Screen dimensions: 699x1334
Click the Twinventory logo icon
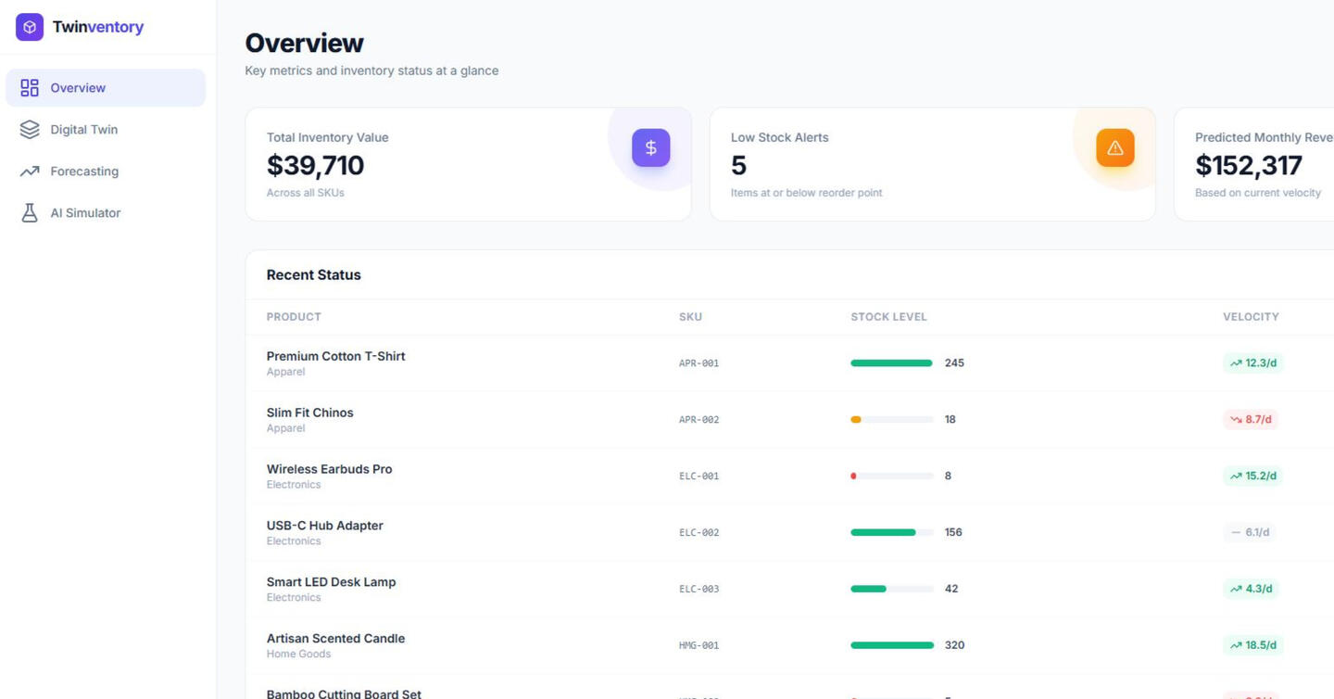pyautogui.click(x=30, y=27)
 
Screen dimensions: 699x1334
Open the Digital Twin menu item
pyautogui.click(x=83, y=130)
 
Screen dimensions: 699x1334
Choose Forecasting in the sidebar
pyautogui.click(x=83, y=172)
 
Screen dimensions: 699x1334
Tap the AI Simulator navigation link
pyautogui.click(x=85, y=213)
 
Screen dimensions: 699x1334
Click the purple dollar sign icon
pyautogui.click(x=650, y=148)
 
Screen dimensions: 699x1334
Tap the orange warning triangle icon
pyautogui.click(x=1114, y=148)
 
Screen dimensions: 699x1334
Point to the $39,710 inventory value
pyautogui.click(x=315, y=166)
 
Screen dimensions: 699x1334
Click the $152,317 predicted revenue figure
pyautogui.click(x=1248, y=166)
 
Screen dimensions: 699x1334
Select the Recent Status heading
pyautogui.click(x=313, y=275)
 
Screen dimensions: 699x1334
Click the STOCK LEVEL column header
pyautogui.click(x=888, y=317)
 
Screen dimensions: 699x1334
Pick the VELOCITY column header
pyautogui.click(x=1250, y=317)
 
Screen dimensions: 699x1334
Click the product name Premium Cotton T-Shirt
pyautogui.click(x=335, y=356)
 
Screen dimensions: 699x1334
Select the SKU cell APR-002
pyautogui.click(x=698, y=420)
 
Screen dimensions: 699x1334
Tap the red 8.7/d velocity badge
pyautogui.click(x=1251, y=420)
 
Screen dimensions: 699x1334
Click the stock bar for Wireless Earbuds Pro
pyautogui.click(x=891, y=477)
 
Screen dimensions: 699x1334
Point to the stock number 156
pyautogui.click(x=953, y=533)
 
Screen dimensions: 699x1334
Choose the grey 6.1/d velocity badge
pyautogui.click(x=1250, y=533)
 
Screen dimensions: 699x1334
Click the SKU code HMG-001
pyautogui.click(x=698, y=646)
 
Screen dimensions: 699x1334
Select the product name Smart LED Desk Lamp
pyautogui.click(x=331, y=582)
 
